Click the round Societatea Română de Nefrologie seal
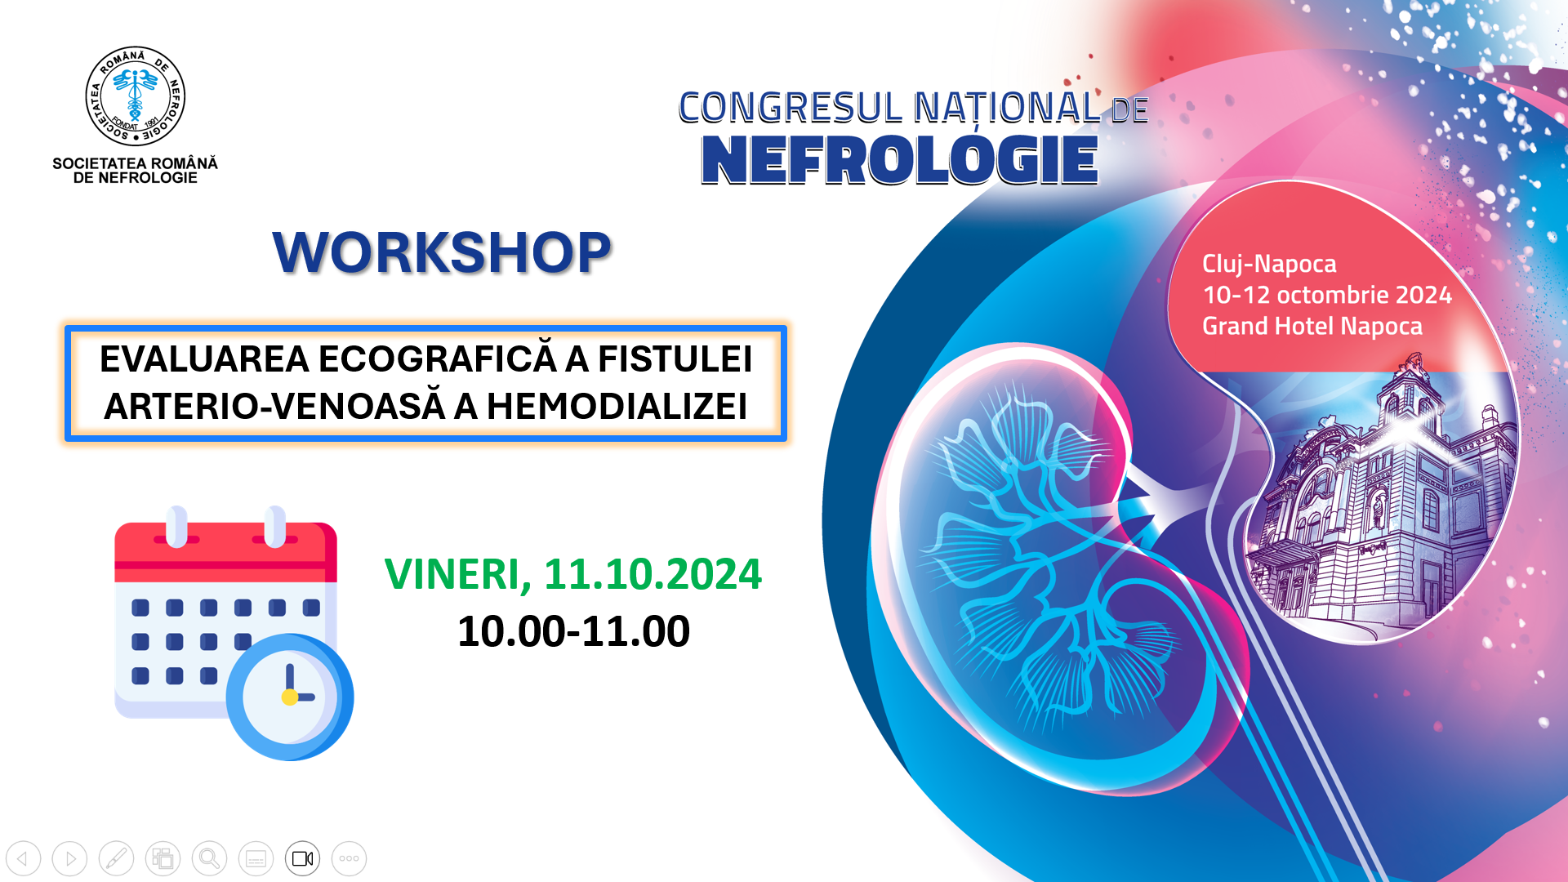tap(136, 96)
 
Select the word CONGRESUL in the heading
tap(791, 108)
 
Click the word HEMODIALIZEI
tap(617, 406)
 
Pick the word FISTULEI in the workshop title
tap(675, 359)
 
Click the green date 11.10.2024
tap(653, 573)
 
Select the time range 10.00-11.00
tap(573, 631)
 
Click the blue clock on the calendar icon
tap(290, 697)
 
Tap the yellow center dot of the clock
tap(289, 697)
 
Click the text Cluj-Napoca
tap(1269, 264)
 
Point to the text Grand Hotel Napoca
tap(1312, 326)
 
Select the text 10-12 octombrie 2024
tap(1327, 295)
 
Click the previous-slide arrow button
tap(24, 858)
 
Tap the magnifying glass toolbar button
tap(209, 858)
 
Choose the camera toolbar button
tap(302, 858)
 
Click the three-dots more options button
tap(349, 858)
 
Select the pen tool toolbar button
tap(116, 858)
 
